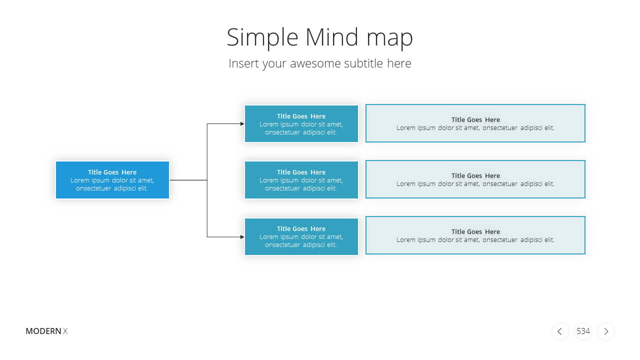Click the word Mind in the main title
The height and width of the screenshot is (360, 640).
[331, 37]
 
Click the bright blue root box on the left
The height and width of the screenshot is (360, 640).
[112, 180]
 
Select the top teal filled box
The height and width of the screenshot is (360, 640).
[301, 123]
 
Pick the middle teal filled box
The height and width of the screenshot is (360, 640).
[301, 180]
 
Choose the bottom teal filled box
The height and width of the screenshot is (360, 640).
[301, 236]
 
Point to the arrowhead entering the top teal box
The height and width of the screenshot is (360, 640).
[242, 123]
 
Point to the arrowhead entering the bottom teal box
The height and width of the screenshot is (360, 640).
[242, 237]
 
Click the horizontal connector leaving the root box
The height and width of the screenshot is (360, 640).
[188, 180]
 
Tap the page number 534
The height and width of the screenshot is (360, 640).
[583, 331]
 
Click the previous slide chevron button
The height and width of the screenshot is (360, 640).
[560, 331]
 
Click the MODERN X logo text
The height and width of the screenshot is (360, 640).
[46, 331]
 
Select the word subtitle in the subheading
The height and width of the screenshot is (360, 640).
[363, 63]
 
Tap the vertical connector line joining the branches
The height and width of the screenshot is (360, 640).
[207, 180]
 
